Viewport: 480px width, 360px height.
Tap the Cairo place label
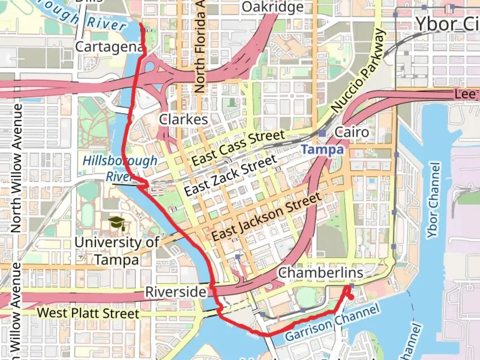pyautogui.click(x=351, y=132)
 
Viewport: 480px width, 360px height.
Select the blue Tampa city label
pyautogui.click(x=322, y=150)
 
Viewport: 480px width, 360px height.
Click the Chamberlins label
pyautogui.click(x=321, y=273)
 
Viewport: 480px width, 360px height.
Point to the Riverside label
pyautogui.click(x=176, y=292)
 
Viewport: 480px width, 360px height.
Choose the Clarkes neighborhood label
pyautogui.click(x=183, y=119)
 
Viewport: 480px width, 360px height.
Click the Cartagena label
pyautogui.click(x=109, y=47)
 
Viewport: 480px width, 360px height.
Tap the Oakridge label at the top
pyautogui.click(x=273, y=7)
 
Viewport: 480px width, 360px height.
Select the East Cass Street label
pyautogui.click(x=238, y=148)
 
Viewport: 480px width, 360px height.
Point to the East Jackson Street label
pyautogui.click(x=267, y=217)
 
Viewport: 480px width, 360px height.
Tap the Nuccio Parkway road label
pyautogui.click(x=359, y=71)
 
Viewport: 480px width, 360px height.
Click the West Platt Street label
pyautogui.click(x=88, y=313)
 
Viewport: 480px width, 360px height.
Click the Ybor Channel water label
pyautogui.click(x=433, y=200)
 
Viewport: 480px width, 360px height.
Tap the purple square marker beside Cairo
pyautogui.click(x=322, y=133)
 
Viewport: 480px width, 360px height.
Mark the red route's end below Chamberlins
pyautogui.click(x=351, y=297)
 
